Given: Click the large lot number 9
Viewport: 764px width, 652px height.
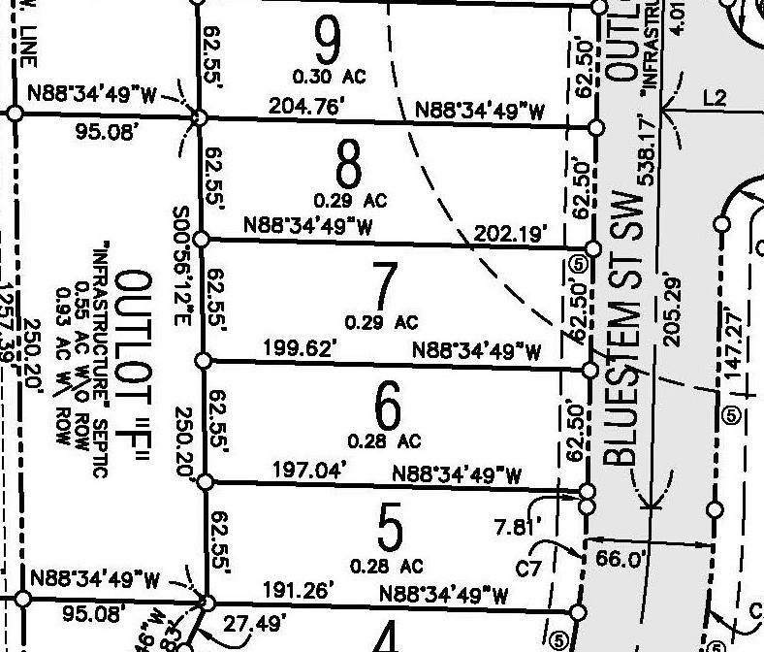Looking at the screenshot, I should point(329,40).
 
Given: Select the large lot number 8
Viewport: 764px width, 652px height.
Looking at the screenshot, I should point(348,166).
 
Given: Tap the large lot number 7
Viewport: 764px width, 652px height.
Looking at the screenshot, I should point(384,286).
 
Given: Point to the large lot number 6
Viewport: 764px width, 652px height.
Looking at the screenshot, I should point(386,407).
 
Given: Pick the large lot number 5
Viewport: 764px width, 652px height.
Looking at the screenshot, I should point(389,530).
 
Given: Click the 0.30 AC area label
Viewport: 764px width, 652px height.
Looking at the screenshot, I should point(329,75).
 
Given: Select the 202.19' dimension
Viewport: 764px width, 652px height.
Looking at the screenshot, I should point(511,233).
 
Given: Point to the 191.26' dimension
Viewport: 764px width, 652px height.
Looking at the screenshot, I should point(299,589).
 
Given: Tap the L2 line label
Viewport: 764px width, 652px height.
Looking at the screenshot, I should point(715,97).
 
